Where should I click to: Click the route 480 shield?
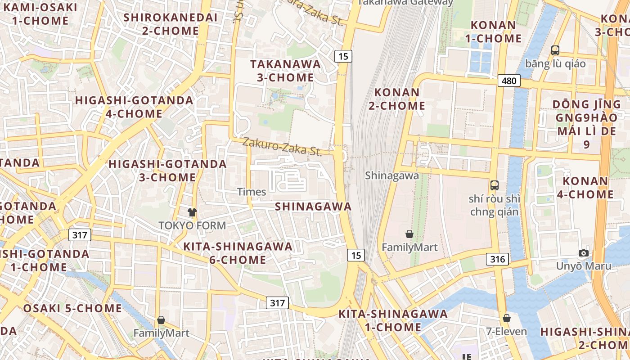(x=509, y=81)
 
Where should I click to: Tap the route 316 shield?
(x=497, y=259)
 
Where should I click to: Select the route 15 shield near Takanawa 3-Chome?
(x=343, y=56)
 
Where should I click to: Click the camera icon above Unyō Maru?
(x=584, y=253)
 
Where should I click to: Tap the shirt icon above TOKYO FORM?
(x=192, y=212)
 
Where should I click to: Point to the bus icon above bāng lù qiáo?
(x=555, y=50)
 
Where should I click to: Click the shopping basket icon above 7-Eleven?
(x=507, y=318)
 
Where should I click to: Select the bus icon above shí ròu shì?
(x=495, y=185)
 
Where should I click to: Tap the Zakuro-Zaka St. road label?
(x=282, y=147)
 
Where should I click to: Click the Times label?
(x=252, y=192)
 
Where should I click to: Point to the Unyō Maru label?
(x=584, y=266)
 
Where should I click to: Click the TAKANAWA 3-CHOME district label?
(x=286, y=71)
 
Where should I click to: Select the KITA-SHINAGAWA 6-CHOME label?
(x=238, y=253)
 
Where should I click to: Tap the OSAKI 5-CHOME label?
(x=72, y=308)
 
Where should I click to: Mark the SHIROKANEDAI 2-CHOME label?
(x=171, y=24)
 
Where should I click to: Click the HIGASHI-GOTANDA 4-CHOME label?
(x=134, y=107)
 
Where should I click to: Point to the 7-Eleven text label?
(x=507, y=332)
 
